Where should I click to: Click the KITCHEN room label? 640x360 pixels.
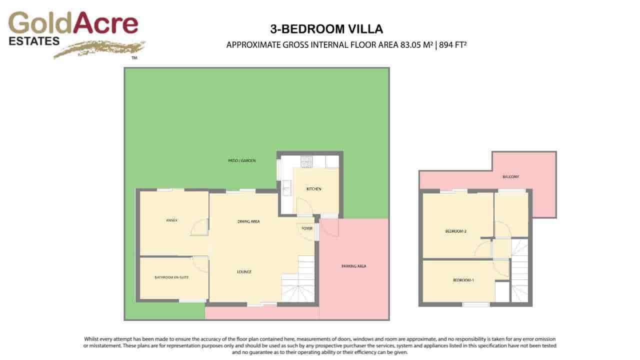[x=314, y=189]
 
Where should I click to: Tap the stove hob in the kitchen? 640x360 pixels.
[x=306, y=161]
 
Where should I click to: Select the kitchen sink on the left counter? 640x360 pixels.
[x=286, y=188]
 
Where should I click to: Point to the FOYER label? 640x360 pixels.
[x=306, y=228]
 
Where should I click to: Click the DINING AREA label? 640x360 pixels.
[x=248, y=221]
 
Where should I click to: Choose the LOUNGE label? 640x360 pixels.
[x=244, y=272]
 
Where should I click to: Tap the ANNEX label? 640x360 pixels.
[x=171, y=220]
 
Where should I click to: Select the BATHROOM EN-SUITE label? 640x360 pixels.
[x=171, y=277]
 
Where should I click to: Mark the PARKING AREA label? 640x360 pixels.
[x=354, y=266]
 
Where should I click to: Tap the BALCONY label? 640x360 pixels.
[x=510, y=177]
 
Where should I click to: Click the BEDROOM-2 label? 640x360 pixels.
[x=455, y=231]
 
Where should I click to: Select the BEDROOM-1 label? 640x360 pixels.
[x=463, y=280]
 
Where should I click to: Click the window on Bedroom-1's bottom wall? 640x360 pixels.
[x=475, y=304]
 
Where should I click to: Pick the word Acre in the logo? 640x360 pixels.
[x=105, y=23]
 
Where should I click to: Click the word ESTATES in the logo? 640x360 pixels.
[x=34, y=41]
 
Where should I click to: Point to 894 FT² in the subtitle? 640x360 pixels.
[x=453, y=45]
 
